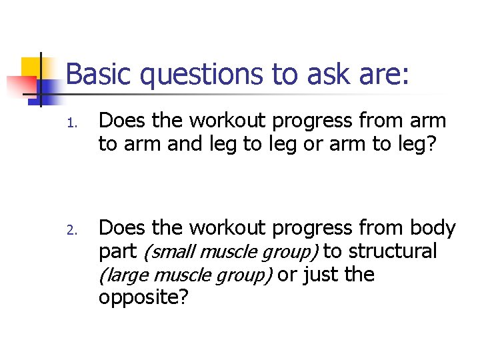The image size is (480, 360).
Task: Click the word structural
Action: pyautogui.click(x=393, y=251)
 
